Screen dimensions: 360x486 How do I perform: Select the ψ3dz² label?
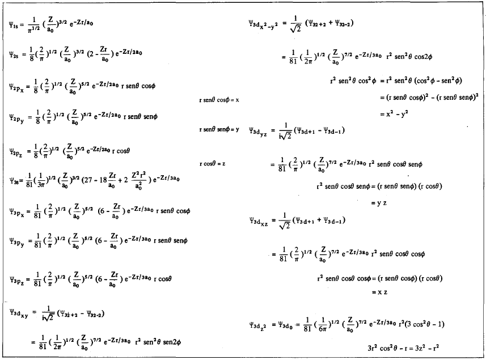(x=260, y=325)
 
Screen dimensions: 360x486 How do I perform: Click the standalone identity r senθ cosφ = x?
(x=219, y=100)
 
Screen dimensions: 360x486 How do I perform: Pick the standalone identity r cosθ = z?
(x=213, y=163)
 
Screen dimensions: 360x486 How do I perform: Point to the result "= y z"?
(x=379, y=202)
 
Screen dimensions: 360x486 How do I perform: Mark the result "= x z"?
(x=379, y=291)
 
